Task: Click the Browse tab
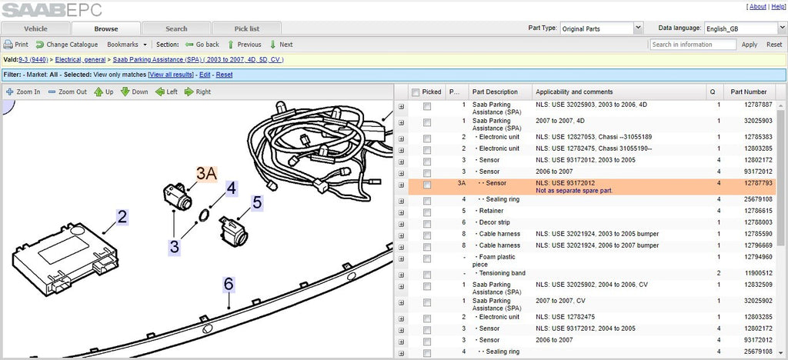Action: pyautogui.click(x=106, y=28)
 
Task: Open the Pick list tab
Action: pyautogui.click(x=247, y=28)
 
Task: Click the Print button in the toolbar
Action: pyautogui.click(x=16, y=44)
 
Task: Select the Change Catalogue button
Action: pyautogui.click(x=67, y=44)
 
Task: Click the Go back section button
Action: pyautogui.click(x=202, y=44)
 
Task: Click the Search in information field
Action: pyautogui.click(x=693, y=44)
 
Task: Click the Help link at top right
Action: pyautogui.click(x=778, y=6)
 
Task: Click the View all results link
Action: pyautogui.click(x=171, y=75)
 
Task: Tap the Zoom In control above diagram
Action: pyautogui.click(x=23, y=92)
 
